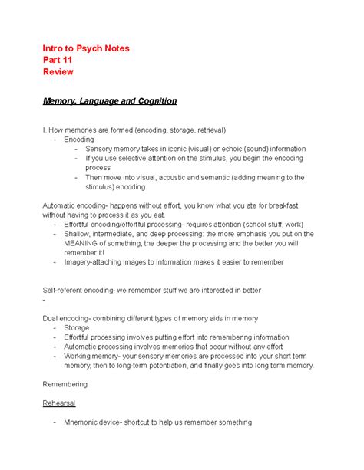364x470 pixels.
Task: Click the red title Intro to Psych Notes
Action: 86,48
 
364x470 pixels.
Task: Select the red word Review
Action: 58,71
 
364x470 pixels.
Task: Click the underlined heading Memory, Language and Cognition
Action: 110,100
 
